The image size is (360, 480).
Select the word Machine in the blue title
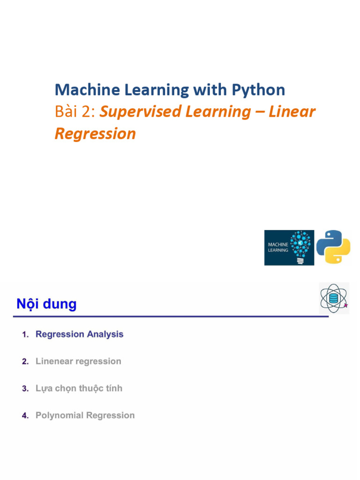82,90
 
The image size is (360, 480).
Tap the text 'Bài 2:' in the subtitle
75,112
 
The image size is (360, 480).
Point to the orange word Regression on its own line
95,134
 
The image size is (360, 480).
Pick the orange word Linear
292,112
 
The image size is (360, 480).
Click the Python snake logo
333,247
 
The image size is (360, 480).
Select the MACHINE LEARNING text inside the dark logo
278,247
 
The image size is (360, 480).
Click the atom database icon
334,298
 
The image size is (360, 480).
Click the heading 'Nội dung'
46,304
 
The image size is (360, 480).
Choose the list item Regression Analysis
80,334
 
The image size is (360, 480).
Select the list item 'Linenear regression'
78,361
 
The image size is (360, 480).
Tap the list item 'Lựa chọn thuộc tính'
79,389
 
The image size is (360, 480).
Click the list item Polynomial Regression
85,415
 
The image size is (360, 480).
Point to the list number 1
25,335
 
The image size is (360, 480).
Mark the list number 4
25,416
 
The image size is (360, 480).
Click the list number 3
25,389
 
